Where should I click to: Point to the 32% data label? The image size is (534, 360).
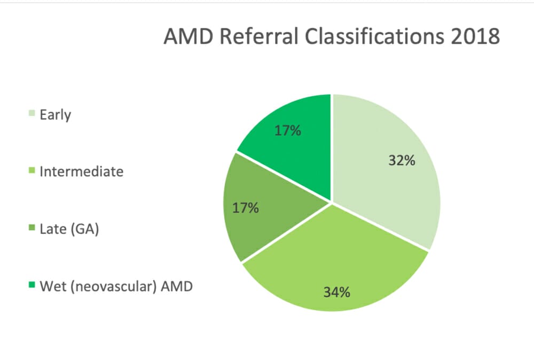pyautogui.click(x=402, y=160)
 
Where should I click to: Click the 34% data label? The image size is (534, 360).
pyautogui.click(x=336, y=292)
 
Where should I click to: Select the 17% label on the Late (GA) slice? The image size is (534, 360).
pyautogui.click(x=246, y=207)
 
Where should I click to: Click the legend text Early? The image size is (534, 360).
pyautogui.click(x=55, y=115)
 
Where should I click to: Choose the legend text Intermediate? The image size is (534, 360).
pyautogui.click(x=81, y=171)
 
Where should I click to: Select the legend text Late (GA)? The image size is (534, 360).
pyautogui.click(x=69, y=230)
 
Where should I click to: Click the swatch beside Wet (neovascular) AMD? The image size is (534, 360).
pyautogui.click(x=33, y=286)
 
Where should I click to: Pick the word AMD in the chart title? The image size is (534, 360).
pyautogui.click(x=185, y=37)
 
